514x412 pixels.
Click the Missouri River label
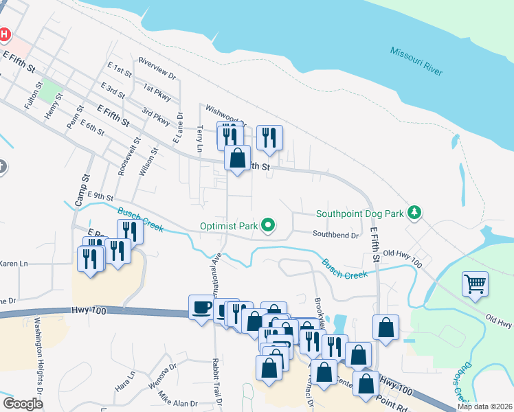pyautogui.click(x=416, y=60)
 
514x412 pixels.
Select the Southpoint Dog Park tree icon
pyautogui.click(x=414, y=213)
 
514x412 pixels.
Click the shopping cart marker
pyautogui.click(x=476, y=284)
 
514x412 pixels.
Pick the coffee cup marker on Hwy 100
pyautogui.click(x=202, y=307)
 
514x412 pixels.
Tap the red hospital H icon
pyautogui.click(x=4, y=34)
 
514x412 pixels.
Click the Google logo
pyautogui.click(x=23, y=404)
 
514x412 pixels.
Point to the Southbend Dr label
pyautogui.click(x=336, y=235)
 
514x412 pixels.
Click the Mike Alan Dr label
pyautogui.click(x=178, y=400)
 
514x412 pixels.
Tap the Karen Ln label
pyautogui.click(x=14, y=264)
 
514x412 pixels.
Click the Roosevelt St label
pyautogui.click(x=122, y=157)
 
